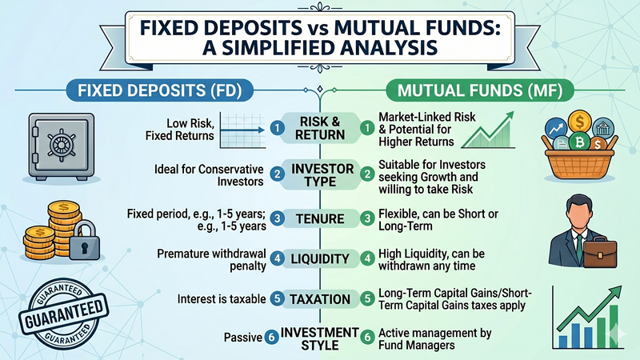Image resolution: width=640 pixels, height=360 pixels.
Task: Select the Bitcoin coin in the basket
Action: click(580, 144)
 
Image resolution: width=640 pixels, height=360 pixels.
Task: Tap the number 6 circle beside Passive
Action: click(272, 338)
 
